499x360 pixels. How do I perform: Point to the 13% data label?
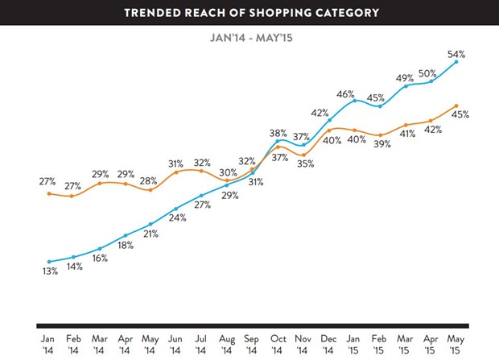pyautogui.click(x=50, y=271)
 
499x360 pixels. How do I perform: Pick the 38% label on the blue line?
pyautogui.click(x=278, y=132)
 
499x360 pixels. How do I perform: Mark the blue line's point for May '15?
pyautogui.click(x=456, y=61)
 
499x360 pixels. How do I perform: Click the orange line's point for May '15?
pyautogui.click(x=456, y=106)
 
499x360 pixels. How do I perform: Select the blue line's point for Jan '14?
pyautogui.click(x=50, y=262)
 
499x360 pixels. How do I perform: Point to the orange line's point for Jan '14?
pyautogui.click(x=50, y=193)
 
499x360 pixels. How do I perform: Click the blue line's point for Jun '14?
pyautogui.click(x=176, y=209)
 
